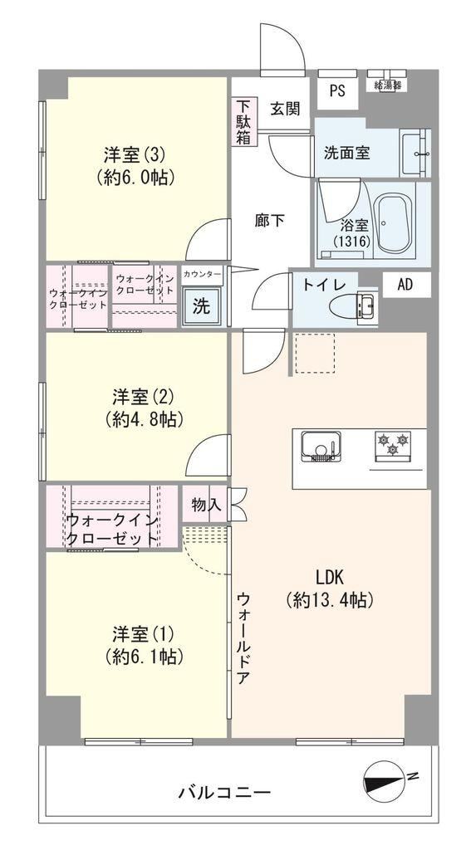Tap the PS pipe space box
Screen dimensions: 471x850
click(337, 90)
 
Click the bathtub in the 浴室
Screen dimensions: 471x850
click(395, 224)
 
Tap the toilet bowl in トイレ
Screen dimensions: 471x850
click(353, 306)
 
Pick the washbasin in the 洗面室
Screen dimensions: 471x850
click(415, 154)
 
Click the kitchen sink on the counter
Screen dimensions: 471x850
click(321, 446)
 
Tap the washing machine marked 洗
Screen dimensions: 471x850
click(201, 307)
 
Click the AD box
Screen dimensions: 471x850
click(405, 286)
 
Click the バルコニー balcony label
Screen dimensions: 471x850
click(224, 794)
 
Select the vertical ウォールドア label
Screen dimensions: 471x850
click(243, 638)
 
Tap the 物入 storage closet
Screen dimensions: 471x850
click(205, 504)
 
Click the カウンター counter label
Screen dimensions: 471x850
click(202, 275)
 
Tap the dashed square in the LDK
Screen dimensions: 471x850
click(315, 354)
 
